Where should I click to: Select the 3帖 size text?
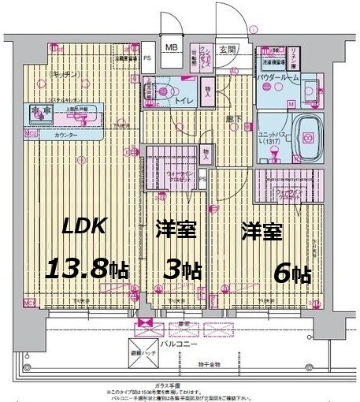180,270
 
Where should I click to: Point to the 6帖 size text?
291,274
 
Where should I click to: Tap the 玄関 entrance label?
226,49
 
